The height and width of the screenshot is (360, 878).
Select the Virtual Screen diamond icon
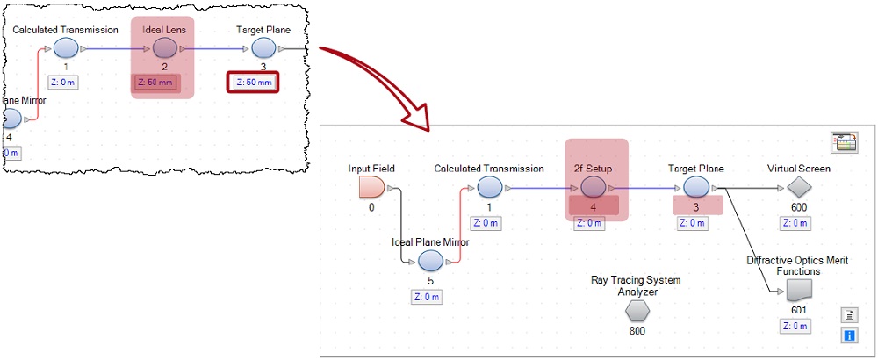(x=797, y=186)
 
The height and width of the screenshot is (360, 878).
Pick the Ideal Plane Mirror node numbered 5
(x=430, y=261)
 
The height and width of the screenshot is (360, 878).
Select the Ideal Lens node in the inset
(x=164, y=49)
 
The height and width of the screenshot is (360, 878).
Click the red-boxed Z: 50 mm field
(x=252, y=83)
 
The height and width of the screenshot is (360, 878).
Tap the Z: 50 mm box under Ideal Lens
(x=157, y=83)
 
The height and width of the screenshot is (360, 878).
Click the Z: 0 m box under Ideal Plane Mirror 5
(x=428, y=296)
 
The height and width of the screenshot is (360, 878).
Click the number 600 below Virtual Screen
(x=798, y=207)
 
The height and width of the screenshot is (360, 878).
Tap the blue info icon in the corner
(x=849, y=335)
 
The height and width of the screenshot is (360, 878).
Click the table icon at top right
(x=843, y=143)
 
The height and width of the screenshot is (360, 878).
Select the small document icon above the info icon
(x=849, y=315)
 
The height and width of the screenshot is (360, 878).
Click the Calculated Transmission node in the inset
(x=66, y=49)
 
